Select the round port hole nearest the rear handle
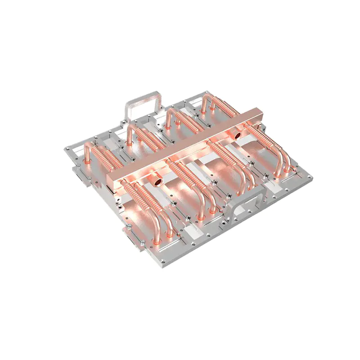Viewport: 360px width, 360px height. tap(238, 135)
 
